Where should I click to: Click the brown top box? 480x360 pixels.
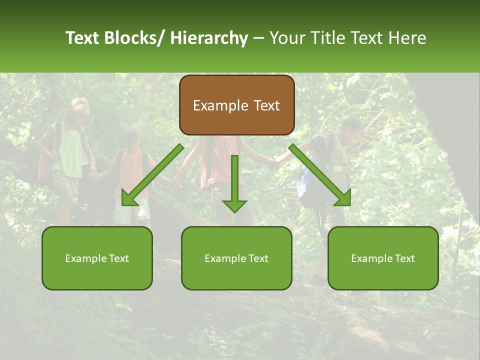(x=236, y=105)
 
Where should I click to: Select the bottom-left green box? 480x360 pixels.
(x=97, y=258)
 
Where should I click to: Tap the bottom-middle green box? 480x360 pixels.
(x=236, y=258)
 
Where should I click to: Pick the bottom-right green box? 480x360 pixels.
(x=383, y=258)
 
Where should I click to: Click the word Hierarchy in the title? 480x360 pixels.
(x=209, y=38)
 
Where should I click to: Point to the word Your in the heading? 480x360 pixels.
(x=286, y=38)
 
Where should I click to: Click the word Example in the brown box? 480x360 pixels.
(x=220, y=105)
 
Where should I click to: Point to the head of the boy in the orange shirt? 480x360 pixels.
(x=132, y=136)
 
